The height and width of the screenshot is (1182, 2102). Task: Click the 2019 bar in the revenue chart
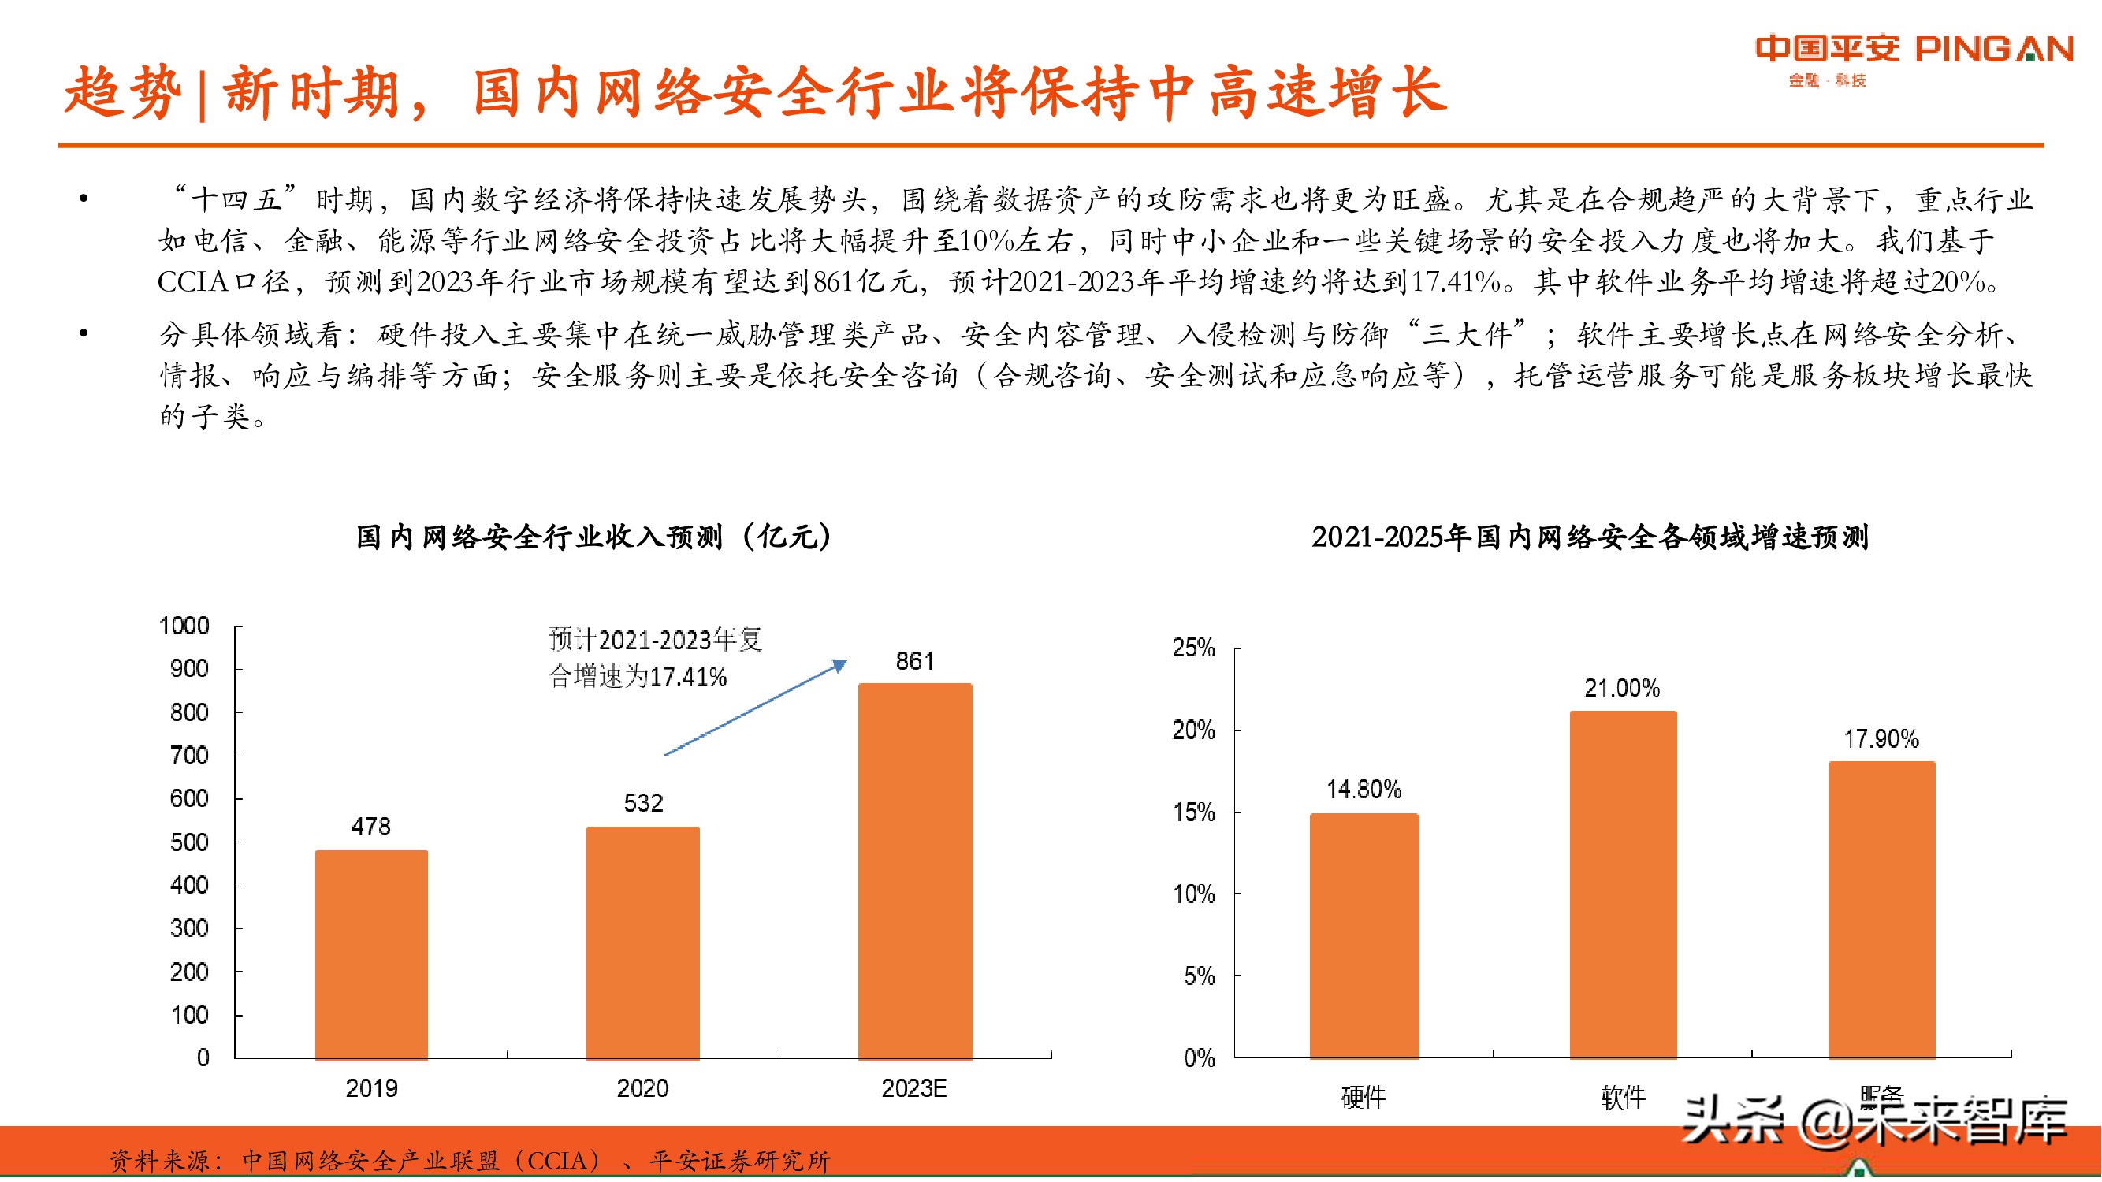(x=371, y=954)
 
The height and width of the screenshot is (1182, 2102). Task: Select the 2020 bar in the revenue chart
(x=643, y=942)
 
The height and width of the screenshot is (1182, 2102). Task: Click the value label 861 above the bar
(x=915, y=661)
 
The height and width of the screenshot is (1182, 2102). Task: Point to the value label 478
(x=371, y=827)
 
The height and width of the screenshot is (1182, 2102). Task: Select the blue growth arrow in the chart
(x=755, y=708)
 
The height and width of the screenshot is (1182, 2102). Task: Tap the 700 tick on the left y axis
(x=189, y=756)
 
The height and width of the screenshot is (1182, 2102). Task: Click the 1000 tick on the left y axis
(x=184, y=626)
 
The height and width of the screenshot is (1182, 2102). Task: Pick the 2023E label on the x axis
(x=914, y=1088)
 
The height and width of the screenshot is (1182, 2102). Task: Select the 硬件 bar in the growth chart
(x=1364, y=935)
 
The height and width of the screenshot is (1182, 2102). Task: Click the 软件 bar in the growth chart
(x=1623, y=884)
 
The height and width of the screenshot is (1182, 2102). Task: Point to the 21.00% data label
(x=1622, y=689)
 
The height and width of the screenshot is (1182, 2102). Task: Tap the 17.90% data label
(x=1881, y=739)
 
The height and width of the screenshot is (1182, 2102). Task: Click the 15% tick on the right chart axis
(x=1194, y=812)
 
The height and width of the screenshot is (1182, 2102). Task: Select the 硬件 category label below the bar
(x=1364, y=1097)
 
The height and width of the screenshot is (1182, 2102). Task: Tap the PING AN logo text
(x=1993, y=50)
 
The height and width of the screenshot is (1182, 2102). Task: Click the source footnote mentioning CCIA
(x=470, y=1160)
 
